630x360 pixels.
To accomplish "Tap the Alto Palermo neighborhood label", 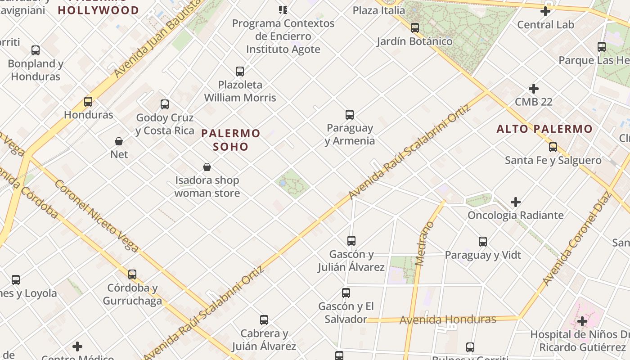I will [x=544, y=129].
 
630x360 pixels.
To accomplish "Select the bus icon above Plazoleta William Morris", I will [x=240, y=71].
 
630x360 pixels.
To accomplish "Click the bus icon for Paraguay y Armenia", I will [x=350, y=114].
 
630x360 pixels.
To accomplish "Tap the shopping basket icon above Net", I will [x=119, y=141].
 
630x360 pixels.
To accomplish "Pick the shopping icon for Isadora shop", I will [x=207, y=167].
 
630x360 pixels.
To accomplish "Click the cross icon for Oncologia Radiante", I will [x=516, y=202].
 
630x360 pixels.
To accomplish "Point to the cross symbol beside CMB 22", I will [x=534, y=89].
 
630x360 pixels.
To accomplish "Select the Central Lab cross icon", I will [x=545, y=11].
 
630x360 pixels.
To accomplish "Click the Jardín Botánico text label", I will [x=414, y=41].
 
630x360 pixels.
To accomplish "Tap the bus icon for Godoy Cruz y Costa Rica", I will [x=165, y=104].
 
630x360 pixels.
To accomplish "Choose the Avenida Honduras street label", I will [x=448, y=320].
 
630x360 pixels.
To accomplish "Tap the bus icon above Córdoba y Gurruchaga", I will [x=132, y=274].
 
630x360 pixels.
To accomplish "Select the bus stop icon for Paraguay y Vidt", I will [x=483, y=242].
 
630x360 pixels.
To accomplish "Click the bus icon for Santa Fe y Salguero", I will [x=553, y=147].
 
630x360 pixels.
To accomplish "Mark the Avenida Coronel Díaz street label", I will [x=576, y=238].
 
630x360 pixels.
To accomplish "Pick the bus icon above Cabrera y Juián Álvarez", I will [x=264, y=320].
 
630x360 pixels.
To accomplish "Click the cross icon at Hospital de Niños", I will [x=582, y=321].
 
